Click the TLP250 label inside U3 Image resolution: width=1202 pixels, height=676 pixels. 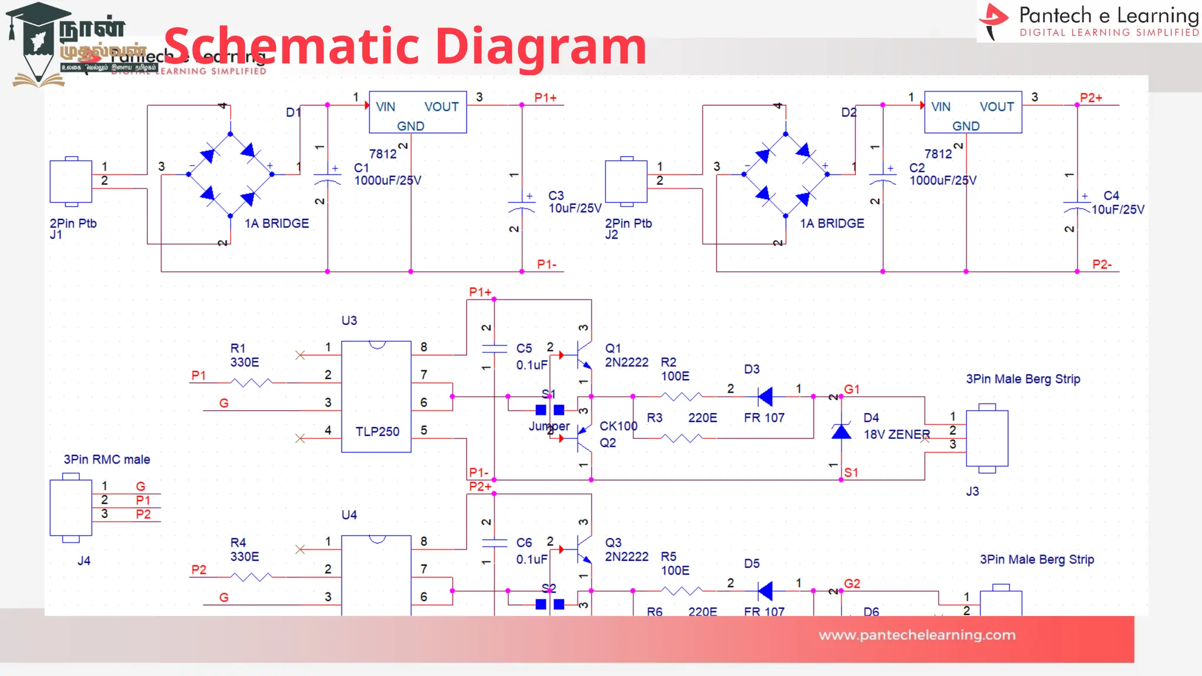tap(377, 431)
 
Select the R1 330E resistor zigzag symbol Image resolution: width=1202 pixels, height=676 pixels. tap(251, 383)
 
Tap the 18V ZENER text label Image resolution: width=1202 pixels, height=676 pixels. tap(896, 434)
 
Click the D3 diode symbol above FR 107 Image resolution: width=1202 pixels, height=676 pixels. tap(765, 397)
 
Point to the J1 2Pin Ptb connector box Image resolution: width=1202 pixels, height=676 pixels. tap(71, 181)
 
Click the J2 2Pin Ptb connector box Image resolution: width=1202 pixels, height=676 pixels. tap(626, 181)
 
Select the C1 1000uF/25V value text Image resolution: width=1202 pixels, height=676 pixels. tap(387, 181)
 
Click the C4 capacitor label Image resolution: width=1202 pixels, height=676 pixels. tap(1111, 195)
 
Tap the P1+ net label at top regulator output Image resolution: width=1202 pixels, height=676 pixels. tap(545, 98)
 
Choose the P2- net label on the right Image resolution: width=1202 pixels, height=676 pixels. tap(1102, 265)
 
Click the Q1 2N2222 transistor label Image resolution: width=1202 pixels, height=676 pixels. tap(626, 356)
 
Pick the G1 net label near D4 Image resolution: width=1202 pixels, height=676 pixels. tap(852, 389)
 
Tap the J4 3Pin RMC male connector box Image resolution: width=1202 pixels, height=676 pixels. tap(71, 508)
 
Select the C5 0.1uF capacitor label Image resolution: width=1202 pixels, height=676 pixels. tap(531, 356)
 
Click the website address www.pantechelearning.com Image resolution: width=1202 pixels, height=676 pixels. tap(917, 635)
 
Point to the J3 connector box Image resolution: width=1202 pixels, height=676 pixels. tap(987, 438)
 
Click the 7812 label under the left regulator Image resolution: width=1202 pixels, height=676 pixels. tap(383, 154)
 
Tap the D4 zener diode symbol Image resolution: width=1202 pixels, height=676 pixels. tap(841, 432)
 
